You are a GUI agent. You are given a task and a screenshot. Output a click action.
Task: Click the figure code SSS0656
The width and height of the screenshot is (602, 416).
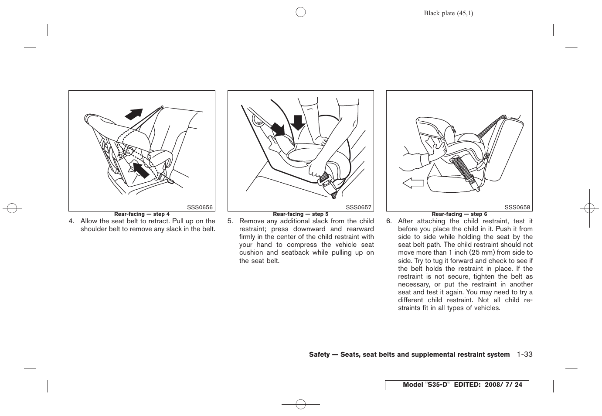200,208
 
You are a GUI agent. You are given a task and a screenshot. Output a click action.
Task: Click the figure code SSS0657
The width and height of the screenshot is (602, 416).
359,208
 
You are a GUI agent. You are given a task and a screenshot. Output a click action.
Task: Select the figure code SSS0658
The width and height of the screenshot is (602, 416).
517,208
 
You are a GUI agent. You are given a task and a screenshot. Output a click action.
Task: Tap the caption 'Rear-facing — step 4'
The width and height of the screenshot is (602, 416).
142,214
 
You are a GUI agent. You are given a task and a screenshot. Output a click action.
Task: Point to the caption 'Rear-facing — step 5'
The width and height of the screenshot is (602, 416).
300,214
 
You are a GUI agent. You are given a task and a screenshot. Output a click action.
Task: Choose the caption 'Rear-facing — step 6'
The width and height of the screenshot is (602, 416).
459,214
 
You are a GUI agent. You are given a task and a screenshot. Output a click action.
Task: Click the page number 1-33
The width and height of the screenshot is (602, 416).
525,355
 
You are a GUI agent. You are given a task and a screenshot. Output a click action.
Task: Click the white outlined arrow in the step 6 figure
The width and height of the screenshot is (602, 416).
413,183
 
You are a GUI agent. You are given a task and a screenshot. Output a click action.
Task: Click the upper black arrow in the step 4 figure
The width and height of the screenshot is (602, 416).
134,114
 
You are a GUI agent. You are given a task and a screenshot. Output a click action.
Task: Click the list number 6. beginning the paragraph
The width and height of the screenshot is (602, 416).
389,221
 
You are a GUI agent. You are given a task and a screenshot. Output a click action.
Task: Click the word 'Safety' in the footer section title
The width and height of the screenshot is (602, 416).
319,355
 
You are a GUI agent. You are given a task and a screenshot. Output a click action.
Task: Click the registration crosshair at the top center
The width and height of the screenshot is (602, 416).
300,13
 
